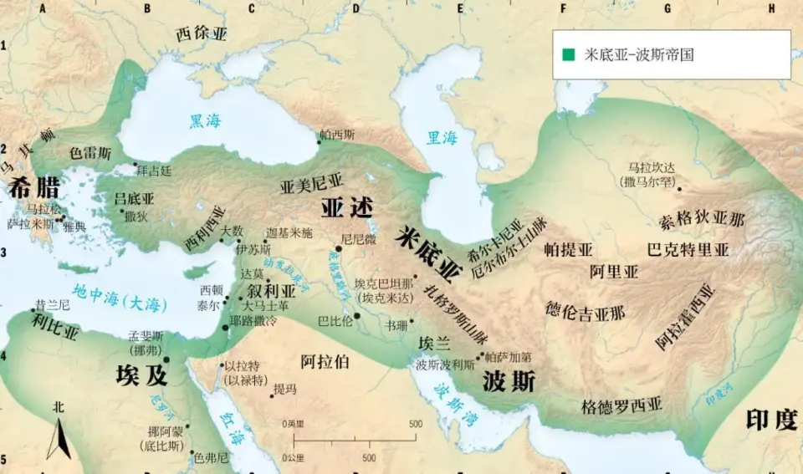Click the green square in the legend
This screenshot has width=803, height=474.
pyautogui.click(x=569, y=54)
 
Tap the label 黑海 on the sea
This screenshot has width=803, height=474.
pyautogui.click(x=206, y=121)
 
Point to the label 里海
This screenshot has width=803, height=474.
pyautogui.click(x=442, y=138)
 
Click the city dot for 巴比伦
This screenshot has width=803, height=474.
pyautogui.click(x=357, y=316)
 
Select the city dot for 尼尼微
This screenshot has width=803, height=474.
pyautogui.click(x=339, y=248)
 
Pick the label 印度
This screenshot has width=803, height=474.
pyautogui.click(x=770, y=420)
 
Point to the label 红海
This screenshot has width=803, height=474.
pyautogui.click(x=232, y=426)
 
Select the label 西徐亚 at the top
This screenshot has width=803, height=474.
pyautogui.click(x=202, y=34)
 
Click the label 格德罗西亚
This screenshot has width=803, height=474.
pyautogui.click(x=621, y=407)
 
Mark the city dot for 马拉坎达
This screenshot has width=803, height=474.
pyautogui.click(x=679, y=189)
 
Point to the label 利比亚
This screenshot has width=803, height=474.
pyautogui.click(x=56, y=332)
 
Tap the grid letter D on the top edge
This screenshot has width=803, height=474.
pyautogui.click(x=356, y=8)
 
